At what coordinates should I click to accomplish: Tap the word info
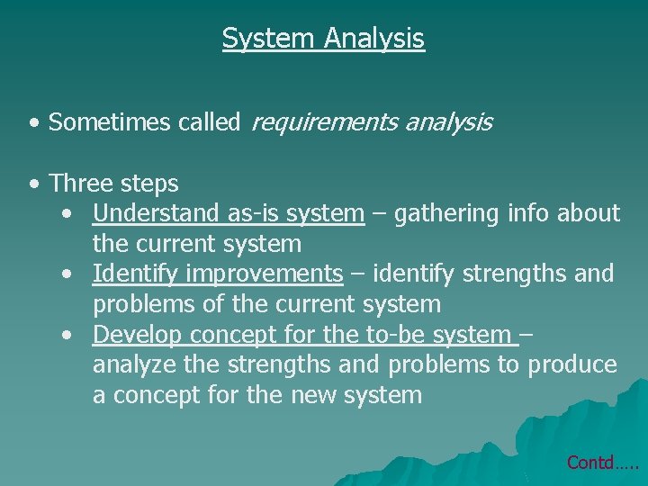click(x=528, y=213)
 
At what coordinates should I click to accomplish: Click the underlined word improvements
click(x=265, y=274)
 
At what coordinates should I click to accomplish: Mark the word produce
click(x=572, y=365)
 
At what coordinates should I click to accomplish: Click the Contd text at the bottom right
click(x=601, y=462)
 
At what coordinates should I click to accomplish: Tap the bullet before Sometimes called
click(x=32, y=122)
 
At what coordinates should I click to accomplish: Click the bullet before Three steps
click(x=32, y=184)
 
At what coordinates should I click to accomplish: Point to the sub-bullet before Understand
click(x=68, y=214)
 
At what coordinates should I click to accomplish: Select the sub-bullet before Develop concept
click(x=68, y=335)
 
